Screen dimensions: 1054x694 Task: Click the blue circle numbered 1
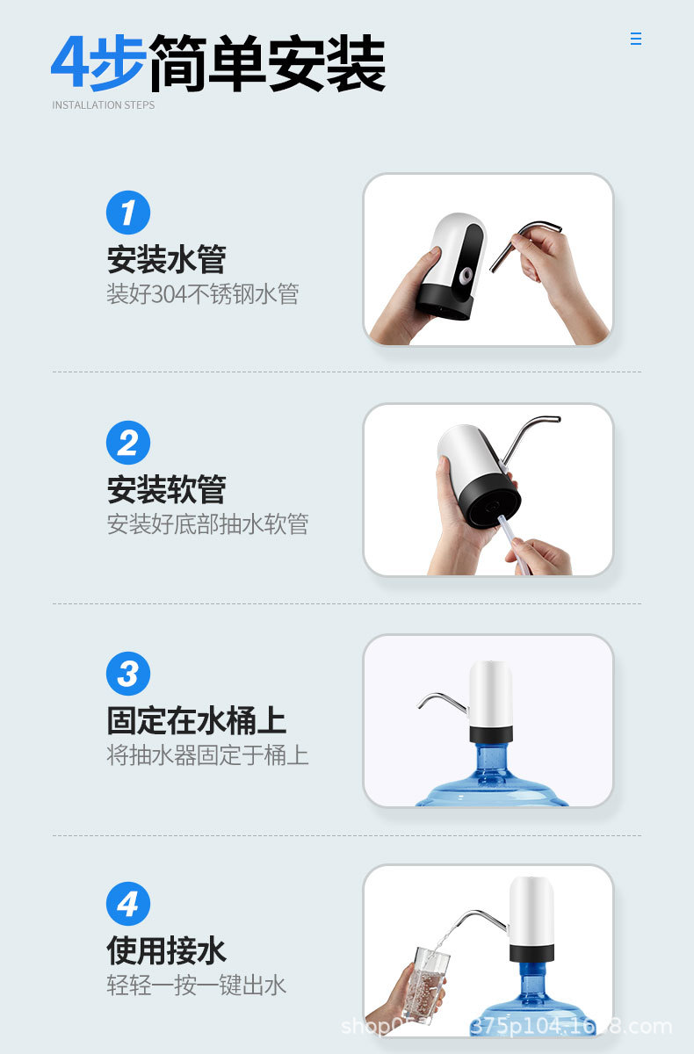pos(128,213)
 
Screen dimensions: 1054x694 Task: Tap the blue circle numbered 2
pos(128,443)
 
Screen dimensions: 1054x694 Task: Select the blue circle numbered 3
pos(128,674)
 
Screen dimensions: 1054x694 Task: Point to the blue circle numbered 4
pos(128,904)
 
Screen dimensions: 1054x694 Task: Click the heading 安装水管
pos(167,259)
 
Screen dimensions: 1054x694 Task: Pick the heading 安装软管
pos(167,489)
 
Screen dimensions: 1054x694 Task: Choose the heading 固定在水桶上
pos(197,720)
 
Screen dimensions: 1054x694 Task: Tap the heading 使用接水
pos(167,950)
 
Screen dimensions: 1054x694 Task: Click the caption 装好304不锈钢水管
pos(203,293)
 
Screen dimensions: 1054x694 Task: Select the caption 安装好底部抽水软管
pos(208,524)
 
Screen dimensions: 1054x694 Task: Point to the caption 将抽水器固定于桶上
pos(208,754)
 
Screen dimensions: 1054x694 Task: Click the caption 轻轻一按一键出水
pos(197,985)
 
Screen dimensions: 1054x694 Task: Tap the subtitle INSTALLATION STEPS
pos(103,105)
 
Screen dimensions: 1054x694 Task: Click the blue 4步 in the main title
pos(99,63)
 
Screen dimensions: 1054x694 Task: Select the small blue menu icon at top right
pos(636,39)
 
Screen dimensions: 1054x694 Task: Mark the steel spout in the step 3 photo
pos(441,700)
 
